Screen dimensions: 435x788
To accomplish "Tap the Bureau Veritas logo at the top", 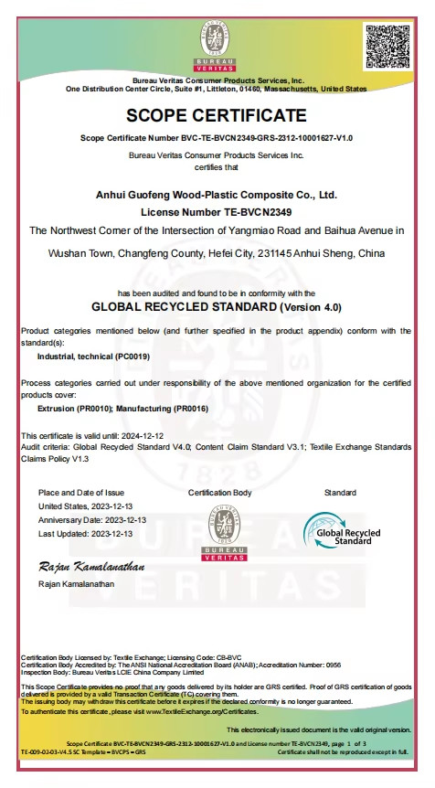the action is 217,48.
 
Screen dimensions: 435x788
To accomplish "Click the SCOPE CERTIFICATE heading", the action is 217,115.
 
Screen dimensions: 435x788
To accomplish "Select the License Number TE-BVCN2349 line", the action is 217,211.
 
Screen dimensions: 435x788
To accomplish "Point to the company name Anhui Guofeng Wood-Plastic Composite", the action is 217,195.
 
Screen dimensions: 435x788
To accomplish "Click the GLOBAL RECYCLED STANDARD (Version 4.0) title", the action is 217,306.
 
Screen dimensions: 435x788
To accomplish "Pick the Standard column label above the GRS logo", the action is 340,493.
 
